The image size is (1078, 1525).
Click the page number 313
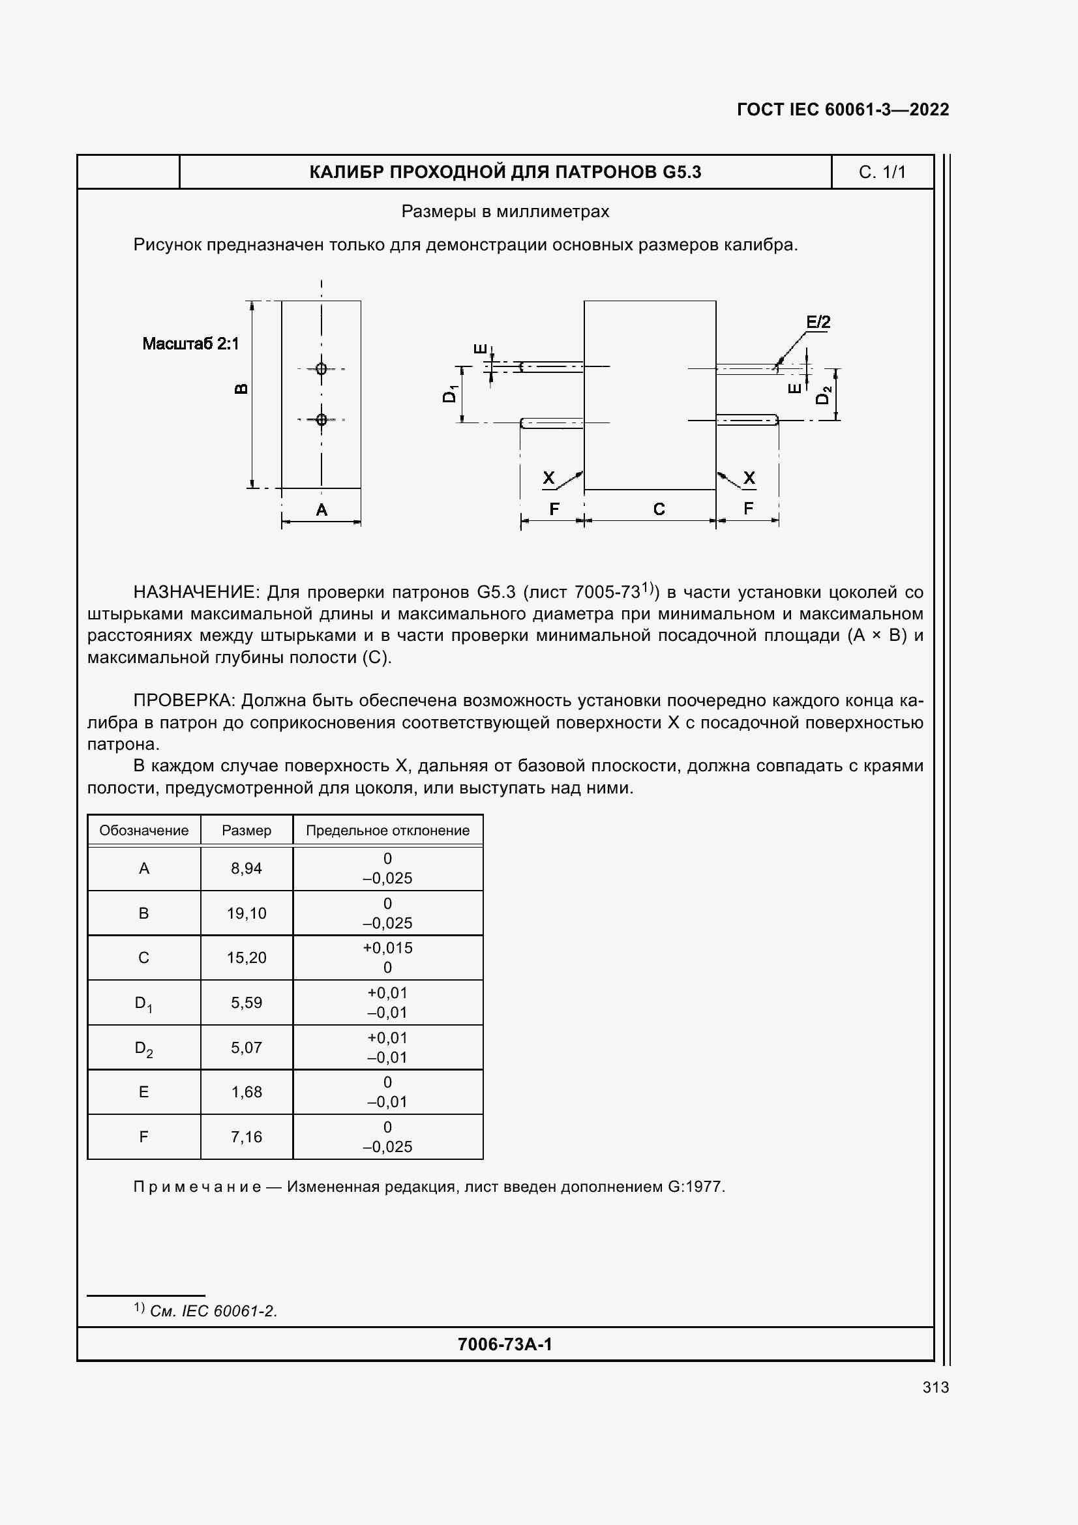point(935,1387)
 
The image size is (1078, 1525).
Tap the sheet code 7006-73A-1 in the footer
point(505,1344)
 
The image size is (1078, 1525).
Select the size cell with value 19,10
point(247,913)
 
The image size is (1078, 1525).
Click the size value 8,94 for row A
point(247,868)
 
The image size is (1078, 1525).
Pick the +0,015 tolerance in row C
point(387,948)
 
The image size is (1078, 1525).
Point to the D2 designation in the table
point(143,1049)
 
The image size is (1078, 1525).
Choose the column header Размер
point(247,830)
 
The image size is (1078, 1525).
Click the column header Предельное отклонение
point(387,830)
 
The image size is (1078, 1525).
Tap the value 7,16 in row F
point(247,1136)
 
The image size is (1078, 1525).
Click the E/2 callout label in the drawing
point(818,322)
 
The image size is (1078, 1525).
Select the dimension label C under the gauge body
point(659,509)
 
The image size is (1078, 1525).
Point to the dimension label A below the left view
point(322,510)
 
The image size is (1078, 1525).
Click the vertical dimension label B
point(242,389)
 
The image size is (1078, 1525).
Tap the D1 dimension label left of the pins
point(450,394)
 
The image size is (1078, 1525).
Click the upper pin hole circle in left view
point(322,368)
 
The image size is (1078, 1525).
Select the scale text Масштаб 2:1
point(190,344)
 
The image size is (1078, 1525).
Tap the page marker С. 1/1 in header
point(882,172)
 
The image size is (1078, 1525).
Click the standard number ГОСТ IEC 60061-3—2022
point(843,110)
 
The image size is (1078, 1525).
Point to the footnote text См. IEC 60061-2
point(213,1310)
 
